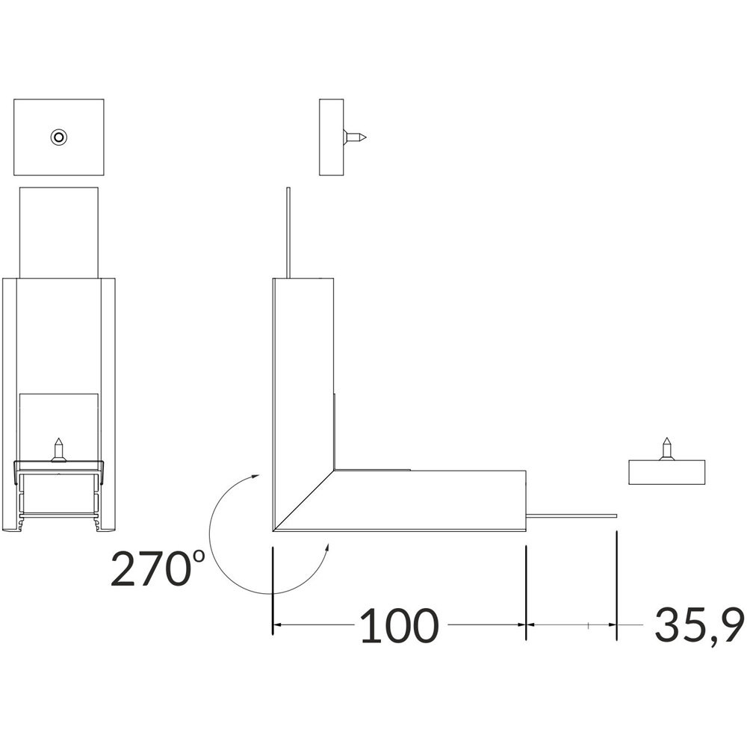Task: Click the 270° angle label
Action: click(x=158, y=568)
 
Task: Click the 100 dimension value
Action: click(x=399, y=624)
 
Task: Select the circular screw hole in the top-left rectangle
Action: click(x=58, y=137)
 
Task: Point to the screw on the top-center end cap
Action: click(x=355, y=137)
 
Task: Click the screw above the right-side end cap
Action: click(x=667, y=449)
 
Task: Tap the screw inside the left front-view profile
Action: click(x=58, y=450)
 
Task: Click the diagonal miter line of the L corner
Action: click(x=304, y=500)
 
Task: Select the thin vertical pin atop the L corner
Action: click(x=288, y=232)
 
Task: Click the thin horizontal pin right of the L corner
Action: click(x=571, y=515)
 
